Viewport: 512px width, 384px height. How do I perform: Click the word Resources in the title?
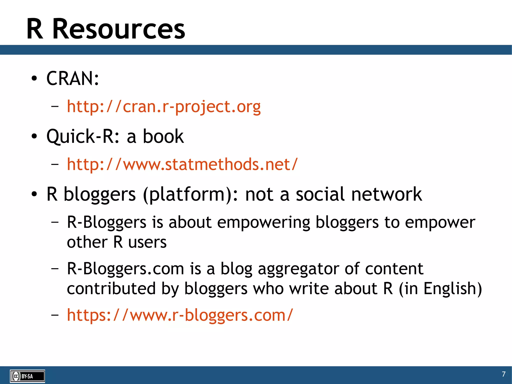click(x=119, y=29)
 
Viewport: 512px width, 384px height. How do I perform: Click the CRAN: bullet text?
click(x=73, y=79)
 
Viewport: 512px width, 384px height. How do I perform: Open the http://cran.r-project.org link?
click(x=164, y=107)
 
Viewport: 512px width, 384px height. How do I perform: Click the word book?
click(x=163, y=137)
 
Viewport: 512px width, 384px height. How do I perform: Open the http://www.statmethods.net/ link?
click(x=182, y=165)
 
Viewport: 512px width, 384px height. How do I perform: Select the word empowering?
click(x=263, y=222)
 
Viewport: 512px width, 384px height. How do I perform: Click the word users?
click(x=147, y=242)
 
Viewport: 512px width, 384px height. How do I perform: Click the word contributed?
click(x=111, y=288)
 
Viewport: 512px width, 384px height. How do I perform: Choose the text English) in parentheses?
click(x=452, y=289)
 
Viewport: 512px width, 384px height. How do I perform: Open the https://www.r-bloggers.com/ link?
click(x=180, y=315)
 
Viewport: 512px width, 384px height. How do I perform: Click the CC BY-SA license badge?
click(x=27, y=376)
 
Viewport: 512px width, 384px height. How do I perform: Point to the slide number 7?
click(x=503, y=374)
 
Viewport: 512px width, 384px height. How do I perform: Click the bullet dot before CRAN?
click(x=34, y=79)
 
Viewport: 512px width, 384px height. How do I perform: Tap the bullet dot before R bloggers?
click(x=34, y=194)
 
